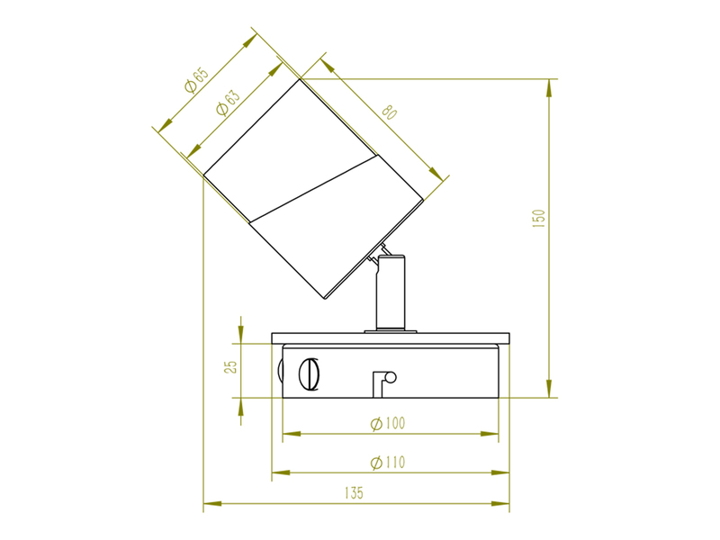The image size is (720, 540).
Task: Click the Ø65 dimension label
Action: [196, 80]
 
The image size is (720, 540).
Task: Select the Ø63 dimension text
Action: [228, 103]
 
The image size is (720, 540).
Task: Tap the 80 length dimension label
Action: [389, 112]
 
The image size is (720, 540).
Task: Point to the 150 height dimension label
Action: [538, 219]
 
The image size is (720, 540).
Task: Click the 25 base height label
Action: [231, 366]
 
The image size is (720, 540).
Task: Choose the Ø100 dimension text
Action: [388, 423]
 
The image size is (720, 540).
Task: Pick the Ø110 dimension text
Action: [388, 462]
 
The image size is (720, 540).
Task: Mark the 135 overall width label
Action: [354, 492]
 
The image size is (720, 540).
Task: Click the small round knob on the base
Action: [391, 377]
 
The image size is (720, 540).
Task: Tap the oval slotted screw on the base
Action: [309, 374]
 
